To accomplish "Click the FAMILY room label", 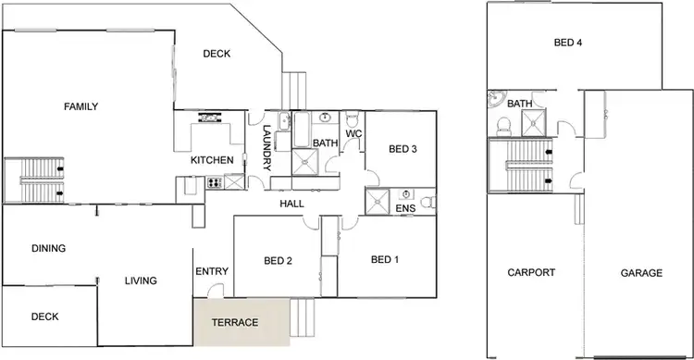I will [x=81, y=107].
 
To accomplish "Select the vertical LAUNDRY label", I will [x=266, y=148].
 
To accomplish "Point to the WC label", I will [x=353, y=134].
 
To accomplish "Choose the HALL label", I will [x=292, y=204].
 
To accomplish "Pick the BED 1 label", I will [x=384, y=260].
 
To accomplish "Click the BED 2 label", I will [x=278, y=262].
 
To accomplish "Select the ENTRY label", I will [x=212, y=271].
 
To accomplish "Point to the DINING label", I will [x=48, y=248].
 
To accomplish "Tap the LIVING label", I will [x=141, y=280].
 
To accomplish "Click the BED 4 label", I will [x=568, y=43].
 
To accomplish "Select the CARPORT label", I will [x=531, y=273].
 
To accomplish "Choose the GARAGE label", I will [x=640, y=273].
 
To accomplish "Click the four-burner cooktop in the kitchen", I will [x=220, y=183].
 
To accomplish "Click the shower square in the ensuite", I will [x=377, y=202].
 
